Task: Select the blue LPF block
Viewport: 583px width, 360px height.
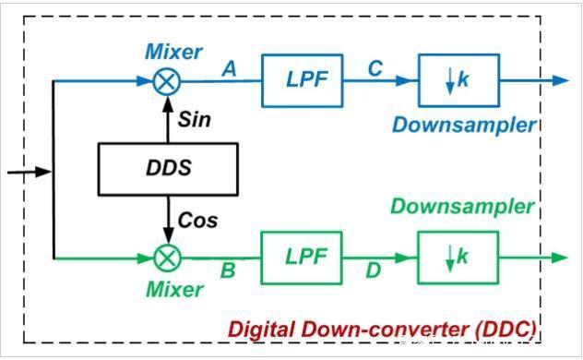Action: (x=301, y=80)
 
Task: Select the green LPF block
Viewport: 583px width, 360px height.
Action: (x=301, y=258)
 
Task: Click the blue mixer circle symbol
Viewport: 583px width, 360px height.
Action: (x=166, y=81)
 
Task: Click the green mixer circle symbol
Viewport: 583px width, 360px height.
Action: (x=166, y=258)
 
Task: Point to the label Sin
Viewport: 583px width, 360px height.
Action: (x=194, y=120)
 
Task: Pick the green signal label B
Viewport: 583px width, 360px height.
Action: (x=227, y=273)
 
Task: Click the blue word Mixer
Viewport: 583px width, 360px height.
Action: (x=173, y=51)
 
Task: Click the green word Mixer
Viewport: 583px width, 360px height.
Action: (x=173, y=290)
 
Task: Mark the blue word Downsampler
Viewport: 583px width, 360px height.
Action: (x=464, y=125)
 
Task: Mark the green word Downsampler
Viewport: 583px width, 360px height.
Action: (x=462, y=206)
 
